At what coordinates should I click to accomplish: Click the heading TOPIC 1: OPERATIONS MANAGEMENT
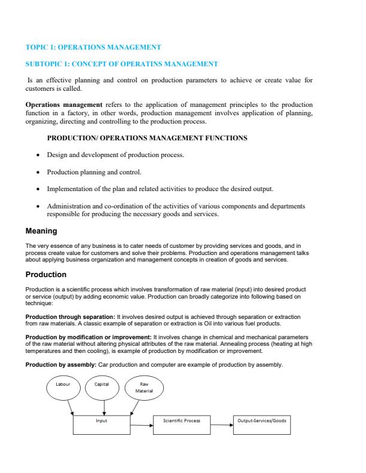click(x=93, y=47)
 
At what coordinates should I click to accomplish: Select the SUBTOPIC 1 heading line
click(x=121, y=63)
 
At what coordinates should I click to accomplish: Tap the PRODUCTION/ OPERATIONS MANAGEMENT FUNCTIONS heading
click(x=147, y=138)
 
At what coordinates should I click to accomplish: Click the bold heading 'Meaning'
click(x=41, y=231)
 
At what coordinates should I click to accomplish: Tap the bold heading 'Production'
click(x=45, y=275)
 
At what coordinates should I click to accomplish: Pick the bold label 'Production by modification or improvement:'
click(x=89, y=337)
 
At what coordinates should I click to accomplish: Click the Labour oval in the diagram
click(x=63, y=385)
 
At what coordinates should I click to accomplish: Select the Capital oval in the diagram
click(x=103, y=385)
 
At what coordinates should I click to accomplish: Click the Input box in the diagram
click(x=102, y=425)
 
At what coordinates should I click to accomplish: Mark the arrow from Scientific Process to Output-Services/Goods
click(x=222, y=425)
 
